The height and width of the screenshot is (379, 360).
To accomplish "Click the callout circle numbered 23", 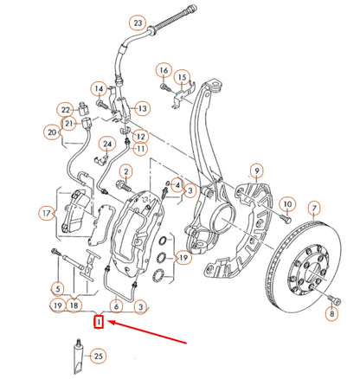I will click(138, 22).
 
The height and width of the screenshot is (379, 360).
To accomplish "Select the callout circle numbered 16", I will click(164, 69).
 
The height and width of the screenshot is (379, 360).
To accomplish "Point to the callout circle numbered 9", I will click(256, 170).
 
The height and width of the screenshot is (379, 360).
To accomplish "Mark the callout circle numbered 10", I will click(289, 205).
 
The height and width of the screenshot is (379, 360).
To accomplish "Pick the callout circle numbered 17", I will click(47, 212).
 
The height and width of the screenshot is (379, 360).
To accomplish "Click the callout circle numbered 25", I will click(98, 356).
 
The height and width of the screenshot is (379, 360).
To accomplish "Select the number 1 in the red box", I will click(100, 323).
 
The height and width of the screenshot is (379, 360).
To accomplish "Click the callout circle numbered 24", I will click(107, 143).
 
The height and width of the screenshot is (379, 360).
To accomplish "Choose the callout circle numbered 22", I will click(66, 109).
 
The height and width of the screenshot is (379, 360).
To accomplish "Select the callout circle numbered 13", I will click(142, 108).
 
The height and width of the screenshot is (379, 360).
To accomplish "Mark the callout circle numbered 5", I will click(57, 288).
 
